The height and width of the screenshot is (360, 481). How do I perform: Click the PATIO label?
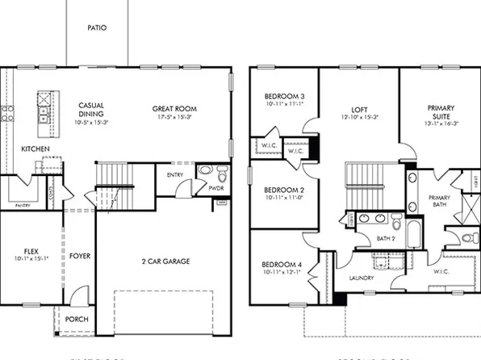click(97, 27)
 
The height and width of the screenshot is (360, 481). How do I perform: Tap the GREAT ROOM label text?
click(175, 109)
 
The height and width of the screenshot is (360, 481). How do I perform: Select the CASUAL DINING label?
click(90, 111)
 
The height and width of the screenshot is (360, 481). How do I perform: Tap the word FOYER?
click(79, 256)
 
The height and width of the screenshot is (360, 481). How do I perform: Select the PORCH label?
click(77, 318)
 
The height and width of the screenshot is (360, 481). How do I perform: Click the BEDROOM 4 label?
click(282, 265)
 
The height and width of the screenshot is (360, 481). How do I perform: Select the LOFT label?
click(360, 109)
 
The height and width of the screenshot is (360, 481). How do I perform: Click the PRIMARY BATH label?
click(440, 202)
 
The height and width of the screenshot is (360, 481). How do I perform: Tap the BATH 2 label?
click(386, 238)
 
